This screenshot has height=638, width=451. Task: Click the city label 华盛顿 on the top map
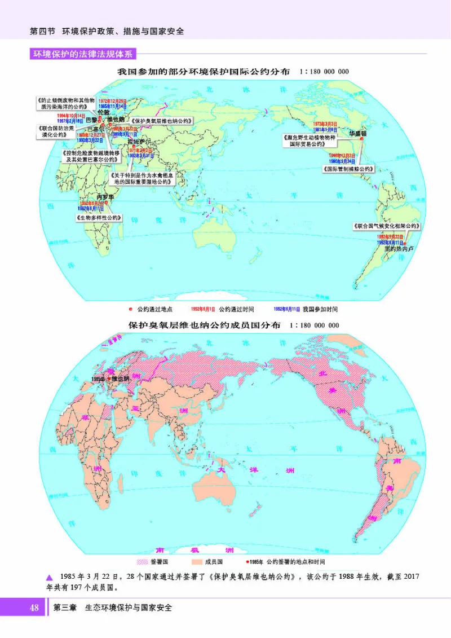pos(357,134)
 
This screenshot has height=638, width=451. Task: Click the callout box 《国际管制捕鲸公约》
pos(348,169)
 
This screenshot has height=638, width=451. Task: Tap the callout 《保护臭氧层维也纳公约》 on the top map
pos(161,121)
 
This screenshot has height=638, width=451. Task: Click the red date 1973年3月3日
pos(325,124)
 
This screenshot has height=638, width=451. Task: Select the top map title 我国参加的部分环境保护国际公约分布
pos(204,72)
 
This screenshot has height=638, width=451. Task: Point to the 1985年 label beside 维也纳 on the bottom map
pos(98,379)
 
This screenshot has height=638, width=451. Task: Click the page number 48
pos(34,608)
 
